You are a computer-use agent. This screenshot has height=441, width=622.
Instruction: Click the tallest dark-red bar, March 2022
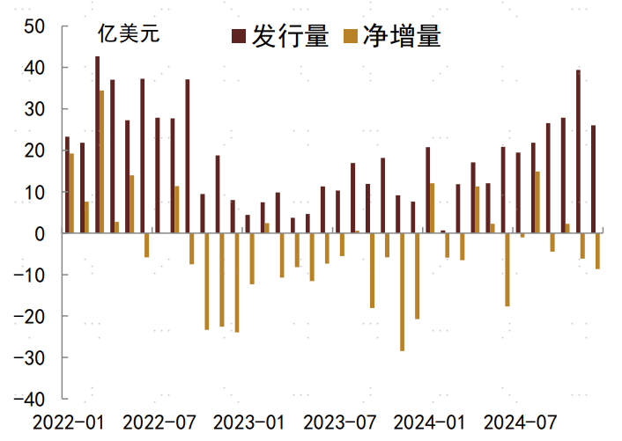point(97,145)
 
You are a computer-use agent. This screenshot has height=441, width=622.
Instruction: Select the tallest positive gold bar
point(102,162)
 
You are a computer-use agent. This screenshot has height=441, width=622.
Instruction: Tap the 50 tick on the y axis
point(35,26)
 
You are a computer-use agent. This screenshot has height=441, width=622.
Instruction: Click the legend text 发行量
point(291,36)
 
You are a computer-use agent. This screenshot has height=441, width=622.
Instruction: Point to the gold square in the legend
point(351,36)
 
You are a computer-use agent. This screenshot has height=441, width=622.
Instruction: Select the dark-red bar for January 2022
point(67,185)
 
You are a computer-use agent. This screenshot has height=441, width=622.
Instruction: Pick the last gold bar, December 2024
point(597,251)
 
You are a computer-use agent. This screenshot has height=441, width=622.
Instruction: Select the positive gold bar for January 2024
point(433,209)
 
